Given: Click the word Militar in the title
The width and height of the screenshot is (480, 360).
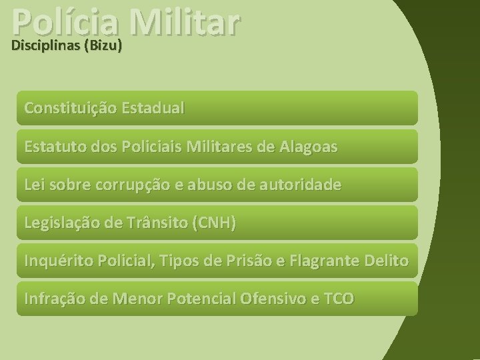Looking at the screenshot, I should [185, 20].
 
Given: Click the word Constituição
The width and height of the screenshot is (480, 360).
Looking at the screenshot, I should [70, 107].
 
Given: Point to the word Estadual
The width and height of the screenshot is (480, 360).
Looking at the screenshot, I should [153, 107].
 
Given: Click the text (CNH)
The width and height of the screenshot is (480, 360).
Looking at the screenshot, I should [213, 222].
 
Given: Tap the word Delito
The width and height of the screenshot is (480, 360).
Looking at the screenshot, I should [387, 260].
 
